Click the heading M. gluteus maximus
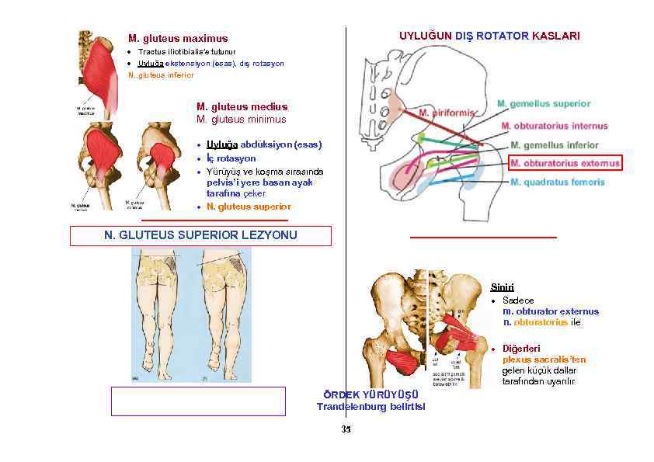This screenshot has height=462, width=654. [x=178, y=38]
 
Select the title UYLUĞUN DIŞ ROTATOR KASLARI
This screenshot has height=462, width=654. [x=489, y=36]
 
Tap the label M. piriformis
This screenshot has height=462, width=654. [x=446, y=113]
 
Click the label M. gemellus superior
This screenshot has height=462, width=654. [x=543, y=103]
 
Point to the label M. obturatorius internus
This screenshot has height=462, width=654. [x=560, y=125]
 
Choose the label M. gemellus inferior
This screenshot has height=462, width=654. [x=555, y=144]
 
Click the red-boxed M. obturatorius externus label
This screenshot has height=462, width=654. [x=565, y=163]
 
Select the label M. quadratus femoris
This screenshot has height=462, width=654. [x=557, y=182]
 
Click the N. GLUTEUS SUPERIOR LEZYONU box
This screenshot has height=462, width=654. [x=200, y=235]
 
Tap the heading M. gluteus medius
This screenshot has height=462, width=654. [x=242, y=106]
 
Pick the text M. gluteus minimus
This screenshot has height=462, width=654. [x=242, y=120]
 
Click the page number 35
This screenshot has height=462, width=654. [x=346, y=429]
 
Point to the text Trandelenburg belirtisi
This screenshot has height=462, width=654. [x=370, y=407]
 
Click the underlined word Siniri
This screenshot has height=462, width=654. [x=502, y=287]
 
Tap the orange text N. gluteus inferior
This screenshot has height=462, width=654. [x=161, y=75]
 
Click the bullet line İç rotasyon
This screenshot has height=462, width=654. [x=231, y=158]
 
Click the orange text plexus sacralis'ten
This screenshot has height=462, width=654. [x=544, y=360]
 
